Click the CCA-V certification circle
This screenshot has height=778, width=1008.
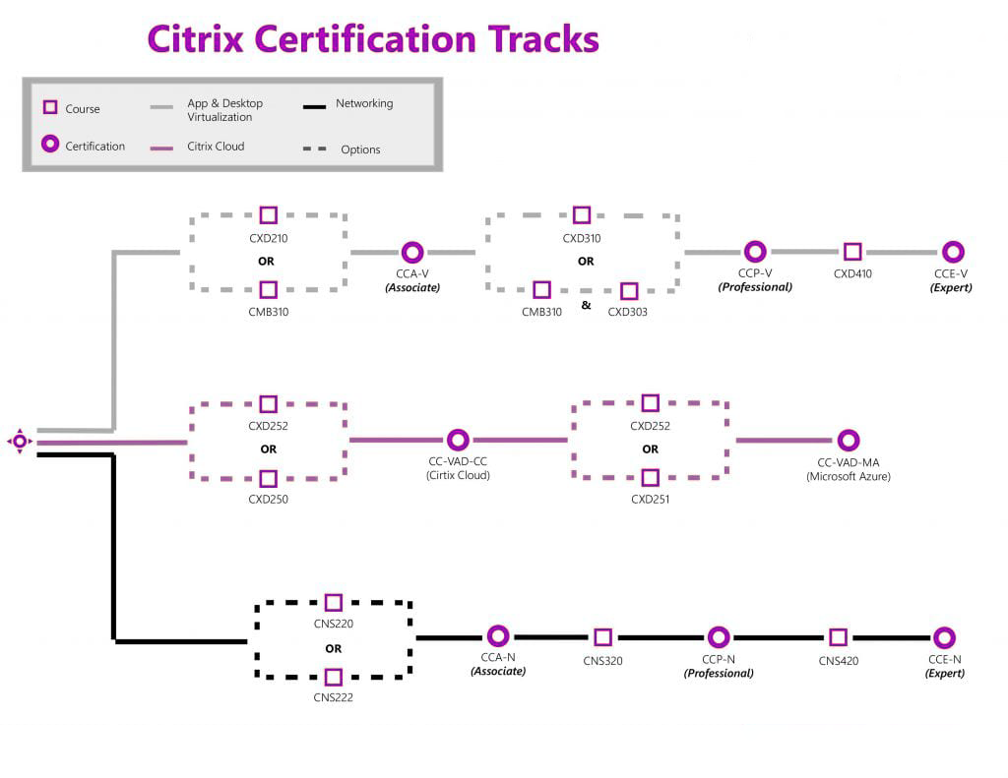pos(412,253)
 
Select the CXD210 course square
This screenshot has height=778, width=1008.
pos(268,215)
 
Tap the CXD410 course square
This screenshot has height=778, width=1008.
pos(852,252)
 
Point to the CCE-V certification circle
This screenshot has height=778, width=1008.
pos(953,252)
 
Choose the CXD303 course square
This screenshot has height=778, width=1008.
pos(629,291)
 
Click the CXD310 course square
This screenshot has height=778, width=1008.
pos(582,215)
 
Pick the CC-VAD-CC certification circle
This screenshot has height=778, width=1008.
pos(458,440)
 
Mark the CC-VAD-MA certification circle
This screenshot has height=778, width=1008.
pos(848,440)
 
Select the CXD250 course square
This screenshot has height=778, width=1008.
pos(268,479)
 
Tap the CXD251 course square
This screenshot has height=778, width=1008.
pos(650,478)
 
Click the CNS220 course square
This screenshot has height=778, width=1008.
pos(334,602)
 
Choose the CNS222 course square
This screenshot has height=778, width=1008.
pos(334,677)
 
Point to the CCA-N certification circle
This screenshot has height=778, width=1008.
pos(498,636)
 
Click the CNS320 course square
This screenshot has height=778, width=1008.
pos(602,637)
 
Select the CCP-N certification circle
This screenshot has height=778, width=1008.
pos(719,637)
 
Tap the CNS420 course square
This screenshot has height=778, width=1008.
pos(838,637)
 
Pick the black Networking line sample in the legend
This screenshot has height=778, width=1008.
pos(314,105)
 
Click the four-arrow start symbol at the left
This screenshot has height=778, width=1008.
pos(19,442)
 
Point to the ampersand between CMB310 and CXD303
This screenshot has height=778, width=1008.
pos(586,305)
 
